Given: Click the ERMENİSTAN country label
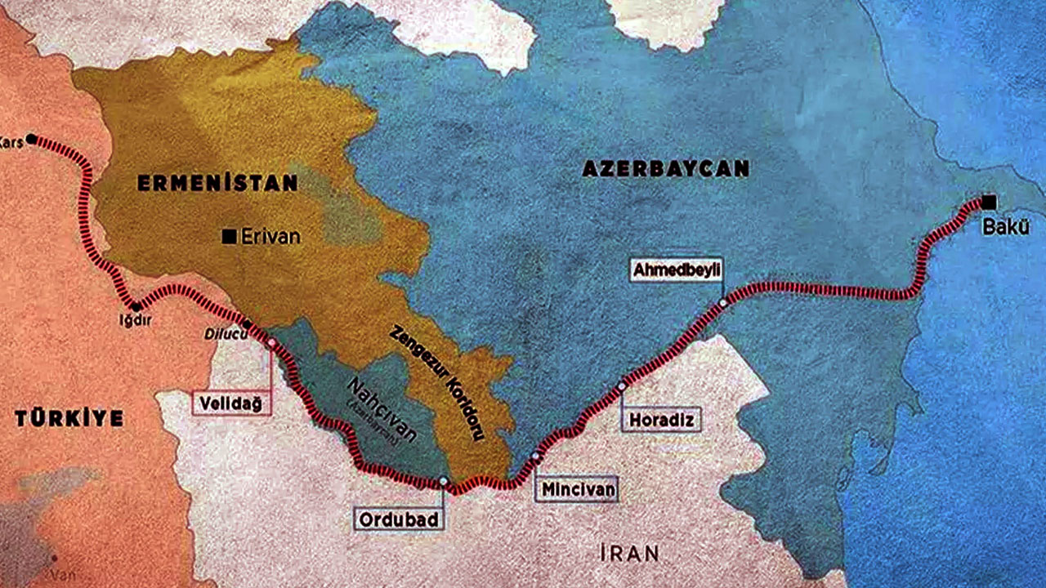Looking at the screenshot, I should click(x=217, y=184).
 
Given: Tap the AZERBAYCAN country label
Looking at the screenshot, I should click(x=665, y=169).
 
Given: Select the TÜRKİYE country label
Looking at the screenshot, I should click(x=69, y=419).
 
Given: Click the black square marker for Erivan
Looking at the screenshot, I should click(x=230, y=237).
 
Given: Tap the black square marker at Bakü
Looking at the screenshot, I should click(x=990, y=202).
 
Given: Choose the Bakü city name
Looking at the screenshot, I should click(x=1004, y=228).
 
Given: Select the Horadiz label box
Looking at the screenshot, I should click(x=663, y=420).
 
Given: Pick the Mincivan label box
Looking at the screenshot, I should click(x=575, y=488).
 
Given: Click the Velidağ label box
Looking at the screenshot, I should click(x=232, y=403).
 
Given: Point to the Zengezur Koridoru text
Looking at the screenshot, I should click(x=436, y=383).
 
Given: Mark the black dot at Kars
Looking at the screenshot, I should click(x=32, y=139).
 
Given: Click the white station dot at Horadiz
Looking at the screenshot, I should click(x=622, y=385).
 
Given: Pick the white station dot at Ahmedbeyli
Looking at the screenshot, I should click(x=722, y=303).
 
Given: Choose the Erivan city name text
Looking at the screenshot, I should click(x=270, y=237).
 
